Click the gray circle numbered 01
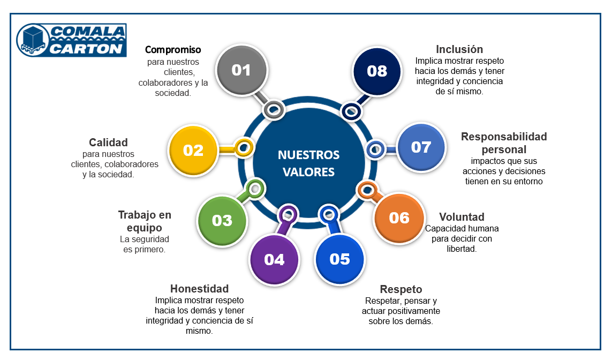[242, 70]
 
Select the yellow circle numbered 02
[193, 151]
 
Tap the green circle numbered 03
[222, 221]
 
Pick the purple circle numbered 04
[274, 260]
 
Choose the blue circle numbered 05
[339, 259]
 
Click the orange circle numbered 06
[399, 218]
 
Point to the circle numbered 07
[421, 147]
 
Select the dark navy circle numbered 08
[377, 71]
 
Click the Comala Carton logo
[71, 40]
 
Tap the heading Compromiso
[173, 50]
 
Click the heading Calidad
[108, 142]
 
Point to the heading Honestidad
[199, 289]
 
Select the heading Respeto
[401, 289]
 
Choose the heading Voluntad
[462, 217]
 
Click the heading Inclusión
[459, 49]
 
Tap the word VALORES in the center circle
[309, 172]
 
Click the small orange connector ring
[367, 191]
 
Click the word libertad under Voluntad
[462, 249]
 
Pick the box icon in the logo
[33, 40]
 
